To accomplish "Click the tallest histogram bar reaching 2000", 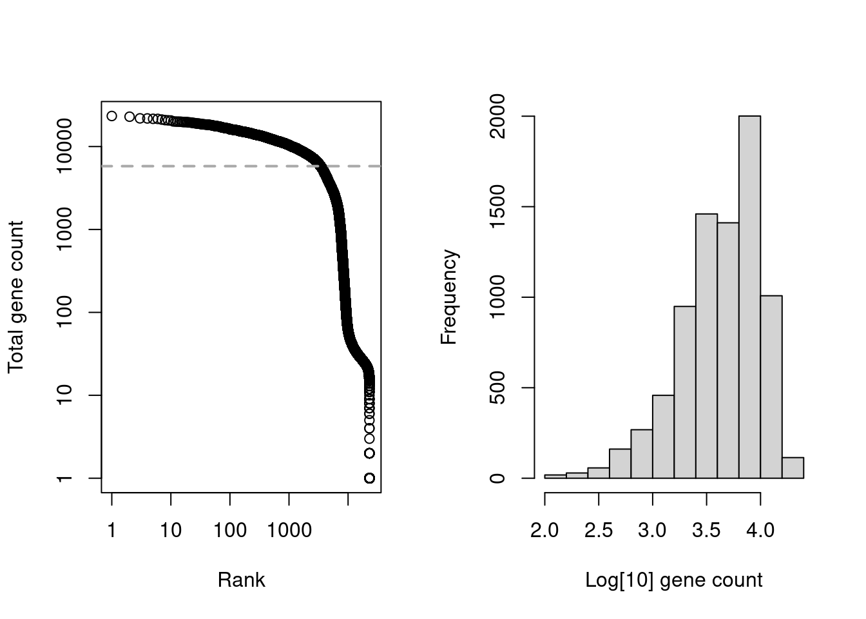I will pyautogui.click(x=749, y=297).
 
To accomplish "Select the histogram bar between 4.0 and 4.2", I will pyautogui.click(x=771, y=387).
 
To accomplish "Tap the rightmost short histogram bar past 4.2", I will pyautogui.click(x=793, y=468).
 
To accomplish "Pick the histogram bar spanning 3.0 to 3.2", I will pyautogui.click(x=663, y=437).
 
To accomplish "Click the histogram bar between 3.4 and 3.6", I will pyautogui.click(x=706, y=346).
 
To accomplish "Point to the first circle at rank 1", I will pyautogui.click(x=111, y=116).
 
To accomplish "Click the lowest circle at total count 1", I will pyautogui.click(x=369, y=478).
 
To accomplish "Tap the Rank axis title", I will pyautogui.click(x=241, y=580).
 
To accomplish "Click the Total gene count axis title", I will pyautogui.click(x=15, y=297).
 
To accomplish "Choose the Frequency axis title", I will pyautogui.click(x=448, y=297).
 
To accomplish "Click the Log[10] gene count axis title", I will pyautogui.click(x=673, y=580).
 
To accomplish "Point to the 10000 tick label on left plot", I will pyautogui.click(x=66, y=147).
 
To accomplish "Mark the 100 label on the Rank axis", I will pyautogui.click(x=230, y=530).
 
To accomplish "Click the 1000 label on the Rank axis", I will pyautogui.click(x=289, y=530).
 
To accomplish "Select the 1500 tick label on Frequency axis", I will pyautogui.click(x=498, y=207).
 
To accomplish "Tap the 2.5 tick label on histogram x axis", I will pyautogui.click(x=599, y=530).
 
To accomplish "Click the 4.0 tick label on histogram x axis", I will pyautogui.click(x=760, y=530).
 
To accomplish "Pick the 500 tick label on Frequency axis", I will pyautogui.click(x=498, y=388).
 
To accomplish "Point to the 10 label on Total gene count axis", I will pyautogui.click(x=66, y=395).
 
